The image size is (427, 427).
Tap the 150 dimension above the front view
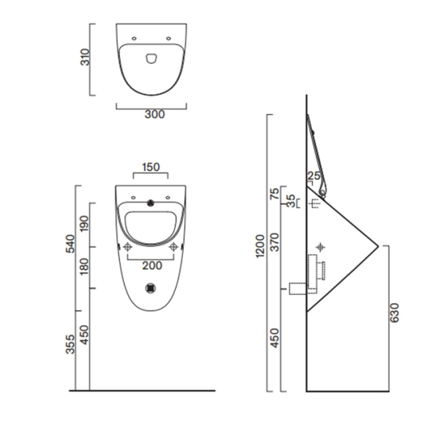[x=150, y=167]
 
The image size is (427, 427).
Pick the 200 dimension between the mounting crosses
[x=151, y=265]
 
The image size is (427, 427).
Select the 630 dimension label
[x=395, y=313]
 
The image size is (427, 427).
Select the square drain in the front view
[x=151, y=288]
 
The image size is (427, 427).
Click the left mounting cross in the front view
[x=127, y=247]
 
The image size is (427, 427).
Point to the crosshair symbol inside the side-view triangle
[x=322, y=246]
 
